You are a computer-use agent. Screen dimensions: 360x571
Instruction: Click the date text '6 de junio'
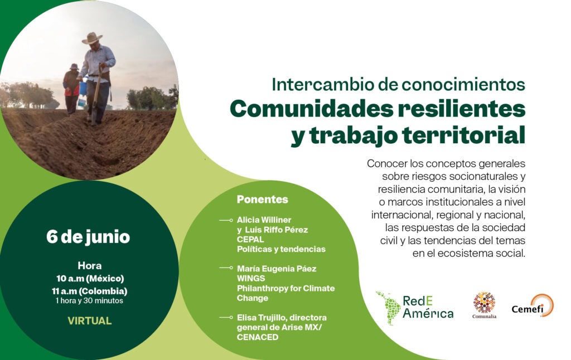(88, 237)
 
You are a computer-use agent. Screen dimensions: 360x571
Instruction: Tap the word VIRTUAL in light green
(89, 320)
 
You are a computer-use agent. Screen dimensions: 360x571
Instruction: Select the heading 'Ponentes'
(262, 200)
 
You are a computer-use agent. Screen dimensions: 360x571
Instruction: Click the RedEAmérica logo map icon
(388, 308)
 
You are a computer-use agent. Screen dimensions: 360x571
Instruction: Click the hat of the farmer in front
(92, 38)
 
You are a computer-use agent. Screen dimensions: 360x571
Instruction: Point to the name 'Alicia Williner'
(264, 220)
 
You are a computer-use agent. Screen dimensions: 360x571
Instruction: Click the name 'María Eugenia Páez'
(276, 269)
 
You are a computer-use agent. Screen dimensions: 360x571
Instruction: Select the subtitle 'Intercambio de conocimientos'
(398, 84)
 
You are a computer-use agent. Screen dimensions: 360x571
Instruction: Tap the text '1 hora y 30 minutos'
(89, 301)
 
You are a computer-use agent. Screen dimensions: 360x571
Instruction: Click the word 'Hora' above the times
(89, 266)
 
